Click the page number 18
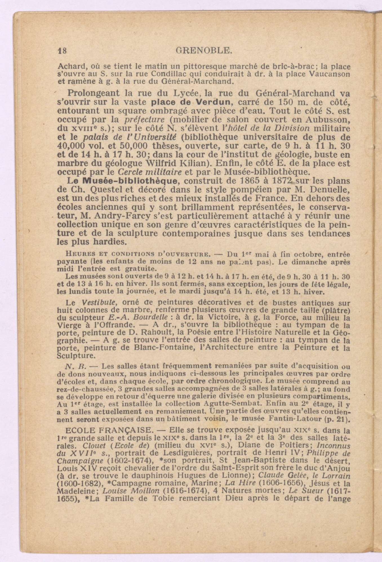61,51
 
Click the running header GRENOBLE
204,51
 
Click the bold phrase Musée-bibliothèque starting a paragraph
121,181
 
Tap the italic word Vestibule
95,303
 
